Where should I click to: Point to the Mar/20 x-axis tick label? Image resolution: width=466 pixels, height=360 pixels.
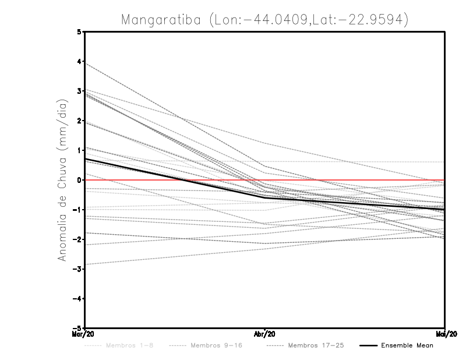(x=84, y=334)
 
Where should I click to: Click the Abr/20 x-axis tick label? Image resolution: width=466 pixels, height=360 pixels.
(x=265, y=334)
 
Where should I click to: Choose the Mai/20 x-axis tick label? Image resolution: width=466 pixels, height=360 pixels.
(x=444, y=334)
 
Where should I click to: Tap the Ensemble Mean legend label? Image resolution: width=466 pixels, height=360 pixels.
(x=407, y=345)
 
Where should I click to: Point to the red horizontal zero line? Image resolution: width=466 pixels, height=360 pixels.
(x=349, y=180)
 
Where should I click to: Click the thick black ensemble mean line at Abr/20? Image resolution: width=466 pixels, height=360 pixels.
(x=265, y=197)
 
